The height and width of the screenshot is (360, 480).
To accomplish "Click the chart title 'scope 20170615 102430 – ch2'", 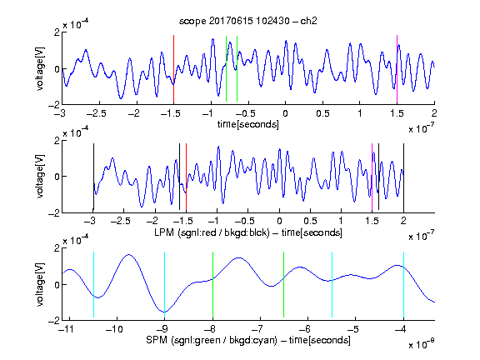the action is [248, 21].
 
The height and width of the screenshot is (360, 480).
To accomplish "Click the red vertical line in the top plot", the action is [173, 69].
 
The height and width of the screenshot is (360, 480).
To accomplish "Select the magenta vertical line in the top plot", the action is [397, 69].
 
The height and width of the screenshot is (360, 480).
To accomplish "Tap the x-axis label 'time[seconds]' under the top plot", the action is [248, 124].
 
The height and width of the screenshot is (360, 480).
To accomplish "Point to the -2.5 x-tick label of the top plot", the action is [96, 114].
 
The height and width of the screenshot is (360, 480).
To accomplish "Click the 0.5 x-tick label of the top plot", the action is [322, 114].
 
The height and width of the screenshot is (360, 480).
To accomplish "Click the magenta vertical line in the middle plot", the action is [372, 177].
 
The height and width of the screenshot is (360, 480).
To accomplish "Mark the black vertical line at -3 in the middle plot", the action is [93, 177].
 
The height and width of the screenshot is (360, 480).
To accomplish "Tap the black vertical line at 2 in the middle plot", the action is [403, 177].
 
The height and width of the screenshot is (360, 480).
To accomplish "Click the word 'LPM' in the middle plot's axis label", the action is [165, 232].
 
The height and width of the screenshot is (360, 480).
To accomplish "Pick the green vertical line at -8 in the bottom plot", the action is [212, 285].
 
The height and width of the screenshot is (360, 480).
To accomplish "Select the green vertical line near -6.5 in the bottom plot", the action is [284, 285].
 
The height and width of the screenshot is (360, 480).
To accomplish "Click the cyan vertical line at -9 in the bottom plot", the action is [164, 285].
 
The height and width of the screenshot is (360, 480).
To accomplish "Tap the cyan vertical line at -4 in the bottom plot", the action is [403, 285].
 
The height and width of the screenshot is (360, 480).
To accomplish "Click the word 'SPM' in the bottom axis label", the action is [157, 340].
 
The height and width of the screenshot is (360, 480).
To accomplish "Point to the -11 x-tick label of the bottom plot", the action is [67, 329].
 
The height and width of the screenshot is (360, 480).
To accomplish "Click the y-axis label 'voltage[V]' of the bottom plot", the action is [40, 284].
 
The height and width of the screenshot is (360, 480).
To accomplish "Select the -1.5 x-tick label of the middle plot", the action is [183, 221].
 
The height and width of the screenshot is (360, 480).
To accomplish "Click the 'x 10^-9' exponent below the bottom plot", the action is [422, 344].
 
